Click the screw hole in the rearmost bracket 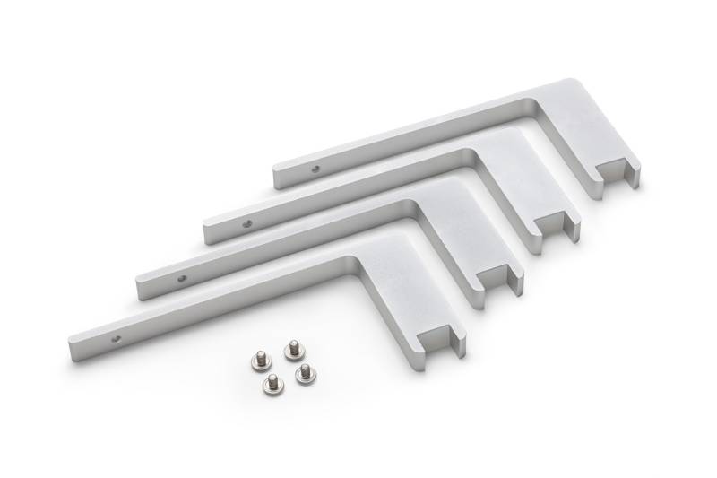tap(314, 167)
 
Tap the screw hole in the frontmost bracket tap(116, 339)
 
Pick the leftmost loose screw tap(256, 361)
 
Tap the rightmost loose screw tap(305, 369)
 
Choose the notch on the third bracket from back tap(500, 278)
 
